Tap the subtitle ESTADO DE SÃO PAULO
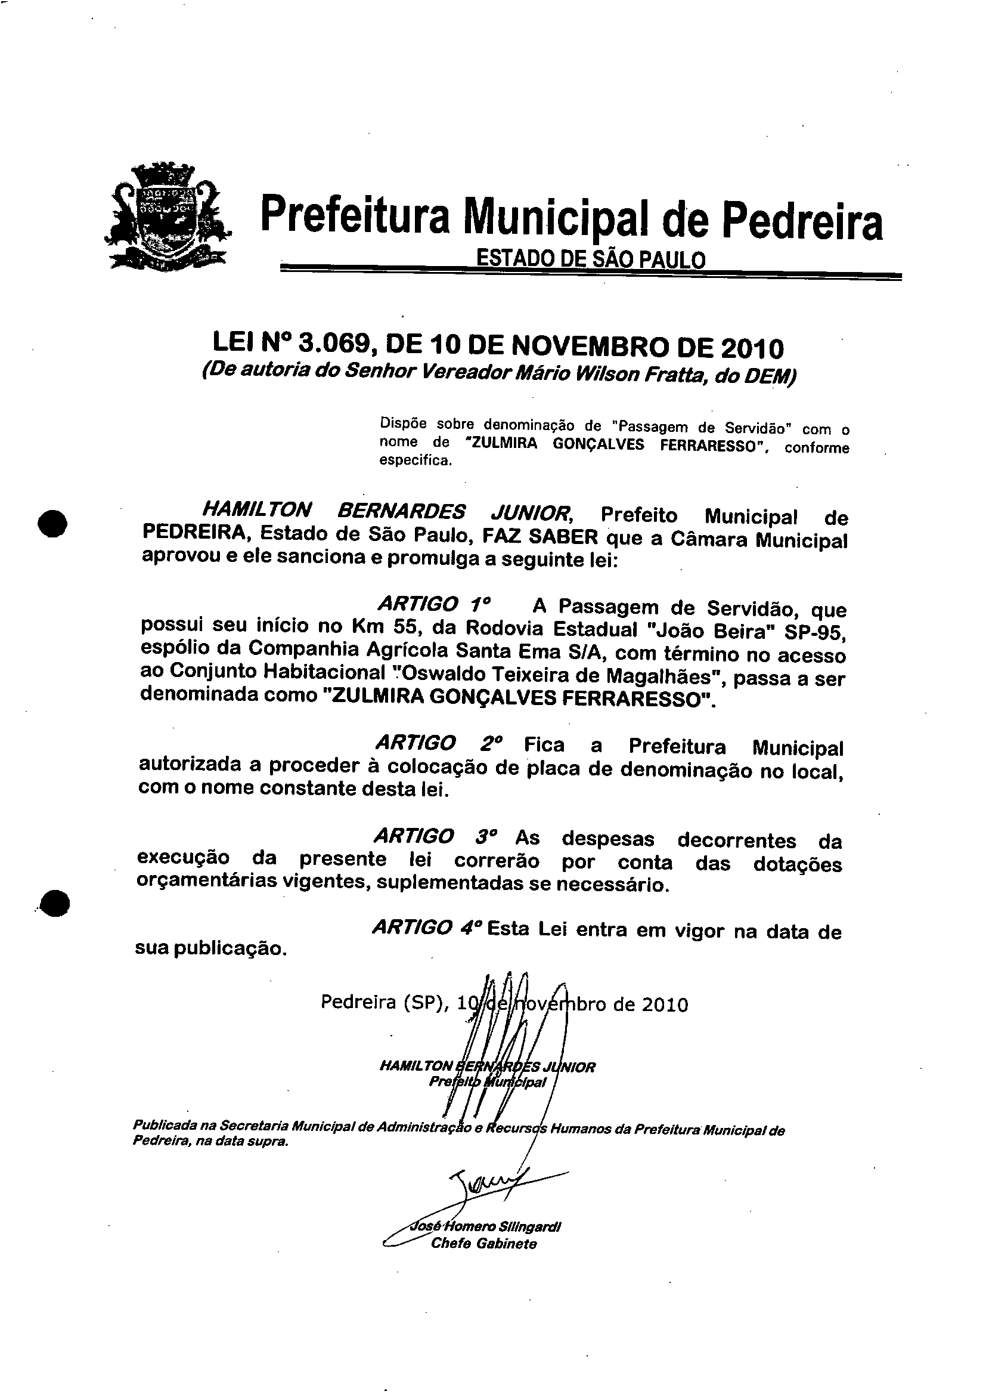pyautogui.click(x=590, y=260)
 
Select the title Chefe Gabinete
pyautogui.click(x=484, y=1244)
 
